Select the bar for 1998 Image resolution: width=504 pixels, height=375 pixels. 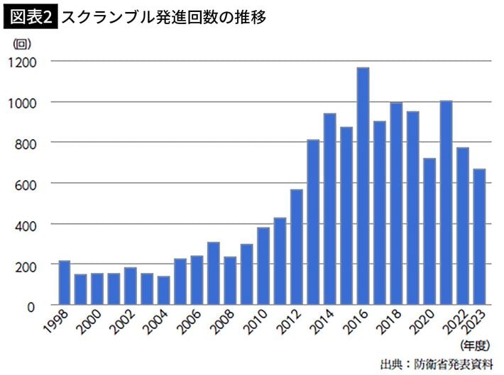[x=64, y=283]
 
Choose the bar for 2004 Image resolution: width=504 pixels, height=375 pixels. [x=163, y=291]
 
